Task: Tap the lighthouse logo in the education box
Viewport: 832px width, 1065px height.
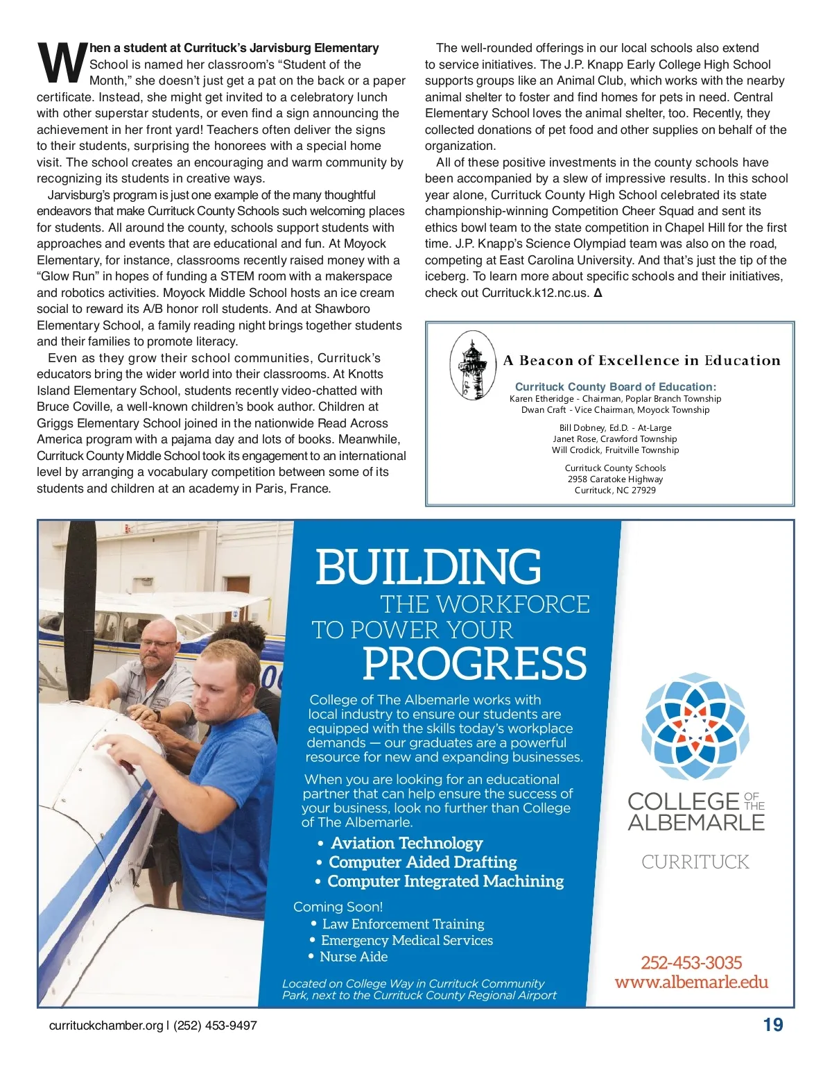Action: tap(472, 365)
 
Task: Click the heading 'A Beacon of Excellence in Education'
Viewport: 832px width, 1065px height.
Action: tap(641, 360)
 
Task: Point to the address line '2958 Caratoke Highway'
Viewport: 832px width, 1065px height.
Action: tap(615, 479)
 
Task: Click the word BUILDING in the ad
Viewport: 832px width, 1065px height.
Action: tap(428, 567)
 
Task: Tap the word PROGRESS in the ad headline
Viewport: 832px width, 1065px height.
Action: tap(474, 663)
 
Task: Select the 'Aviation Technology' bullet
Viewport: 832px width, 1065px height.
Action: tap(406, 843)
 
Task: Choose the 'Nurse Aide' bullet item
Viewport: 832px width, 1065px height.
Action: tap(353, 957)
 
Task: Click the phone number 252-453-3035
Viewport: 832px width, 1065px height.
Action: tap(691, 962)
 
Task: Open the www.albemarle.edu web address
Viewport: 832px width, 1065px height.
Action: tap(691, 982)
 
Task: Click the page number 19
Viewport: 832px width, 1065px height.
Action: tap(772, 1025)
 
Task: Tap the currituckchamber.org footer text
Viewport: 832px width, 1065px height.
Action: tap(106, 1025)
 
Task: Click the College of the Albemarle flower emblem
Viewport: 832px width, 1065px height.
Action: tap(695, 726)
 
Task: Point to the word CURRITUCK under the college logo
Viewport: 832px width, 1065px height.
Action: tap(695, 862)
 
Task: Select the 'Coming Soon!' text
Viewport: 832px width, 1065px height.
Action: tap(338, 907)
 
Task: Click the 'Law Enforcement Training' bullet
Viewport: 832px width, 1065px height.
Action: tap(403, 924)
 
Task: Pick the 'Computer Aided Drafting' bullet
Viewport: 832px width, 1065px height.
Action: tap(422, 862)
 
